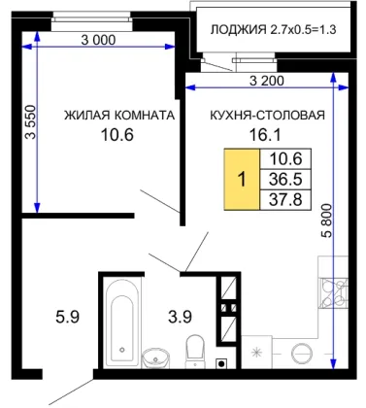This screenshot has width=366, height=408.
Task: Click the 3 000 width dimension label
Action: (x=98, y=40)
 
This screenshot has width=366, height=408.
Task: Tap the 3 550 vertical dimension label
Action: (x=32, y=121)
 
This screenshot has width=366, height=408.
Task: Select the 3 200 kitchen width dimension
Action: (x=267, y=81)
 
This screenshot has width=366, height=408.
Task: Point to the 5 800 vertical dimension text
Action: (x=327, y=221)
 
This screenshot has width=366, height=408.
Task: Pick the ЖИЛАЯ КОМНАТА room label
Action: (x=119, y=115)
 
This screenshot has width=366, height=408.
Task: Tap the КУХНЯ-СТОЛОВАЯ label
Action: (x=267, y=115)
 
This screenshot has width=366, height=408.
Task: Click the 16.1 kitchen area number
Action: (x=265, y=134)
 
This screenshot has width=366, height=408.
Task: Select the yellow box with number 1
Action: (x=242, y=179)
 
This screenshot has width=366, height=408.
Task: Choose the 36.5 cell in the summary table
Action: (x=285, y=179)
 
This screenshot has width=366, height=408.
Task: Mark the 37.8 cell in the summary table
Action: (x=285, y=199)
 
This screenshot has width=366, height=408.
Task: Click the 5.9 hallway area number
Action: (x=67, y=317)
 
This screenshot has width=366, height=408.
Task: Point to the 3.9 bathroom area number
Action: (x=180, y=317)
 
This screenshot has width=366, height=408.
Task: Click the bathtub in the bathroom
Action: (x=121, y=323)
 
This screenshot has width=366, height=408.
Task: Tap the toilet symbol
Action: (x=195, y=352)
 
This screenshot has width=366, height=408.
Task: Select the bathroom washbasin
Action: (x=155, y=358)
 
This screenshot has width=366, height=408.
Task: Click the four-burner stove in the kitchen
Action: (x=333, y=293)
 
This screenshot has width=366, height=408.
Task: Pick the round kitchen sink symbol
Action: (x=302, y=353)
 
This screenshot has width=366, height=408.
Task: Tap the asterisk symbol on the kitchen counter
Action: (x=257, y=352)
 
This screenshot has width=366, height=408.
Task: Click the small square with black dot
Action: (x=221, y=363)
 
